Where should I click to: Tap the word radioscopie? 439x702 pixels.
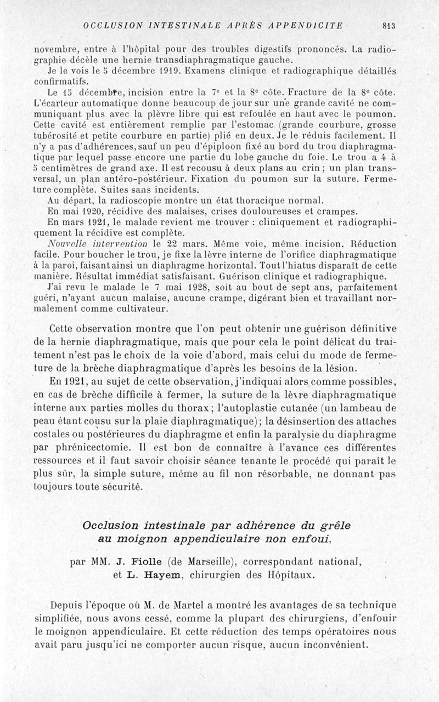(130, 200)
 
